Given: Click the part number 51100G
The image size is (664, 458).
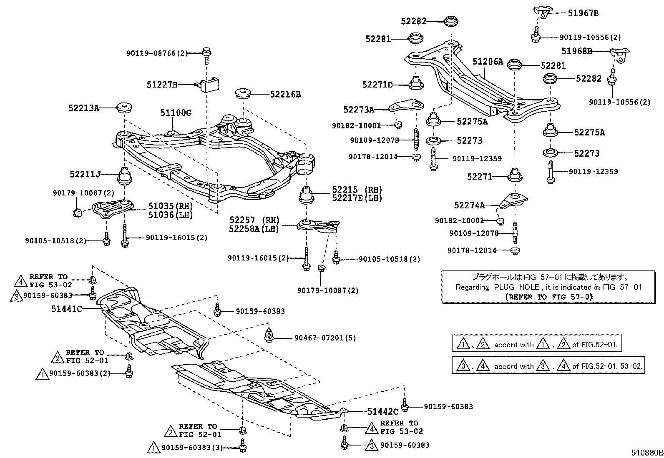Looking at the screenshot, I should (176, 113).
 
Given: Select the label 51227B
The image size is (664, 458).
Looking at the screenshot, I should (162, 85).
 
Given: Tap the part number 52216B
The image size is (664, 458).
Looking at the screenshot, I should (285, 95).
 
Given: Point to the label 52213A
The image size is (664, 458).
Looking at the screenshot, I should (84, 108).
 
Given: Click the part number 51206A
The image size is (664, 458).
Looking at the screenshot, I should (488, 62).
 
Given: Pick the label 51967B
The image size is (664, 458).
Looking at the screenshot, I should (583, 13).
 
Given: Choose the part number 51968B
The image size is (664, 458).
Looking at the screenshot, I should (576, 51).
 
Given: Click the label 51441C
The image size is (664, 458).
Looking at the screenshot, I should (67, 309).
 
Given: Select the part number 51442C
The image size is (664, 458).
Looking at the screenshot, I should (383, 412).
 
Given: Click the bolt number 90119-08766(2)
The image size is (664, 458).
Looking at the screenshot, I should (157, 53).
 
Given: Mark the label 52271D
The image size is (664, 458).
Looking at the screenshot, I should (377, 85).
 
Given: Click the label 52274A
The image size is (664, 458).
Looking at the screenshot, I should (469, 205).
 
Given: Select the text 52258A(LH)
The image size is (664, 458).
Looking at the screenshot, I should (254, 229).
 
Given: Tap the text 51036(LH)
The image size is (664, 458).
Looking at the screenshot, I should (171, 215).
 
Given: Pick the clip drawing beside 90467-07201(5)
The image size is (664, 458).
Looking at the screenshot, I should (269, 335).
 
